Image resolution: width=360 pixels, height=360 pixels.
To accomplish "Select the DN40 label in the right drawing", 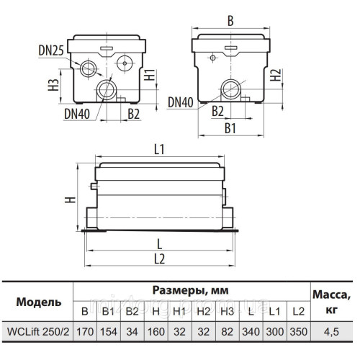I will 182,103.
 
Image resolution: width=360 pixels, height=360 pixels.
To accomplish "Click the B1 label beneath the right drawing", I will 230,130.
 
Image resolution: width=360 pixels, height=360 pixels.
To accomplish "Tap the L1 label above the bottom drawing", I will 160,149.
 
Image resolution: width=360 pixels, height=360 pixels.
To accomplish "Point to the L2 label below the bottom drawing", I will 160,257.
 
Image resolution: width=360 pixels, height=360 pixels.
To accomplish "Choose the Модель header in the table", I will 34,301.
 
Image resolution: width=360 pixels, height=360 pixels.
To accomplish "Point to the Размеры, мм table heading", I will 193,291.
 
